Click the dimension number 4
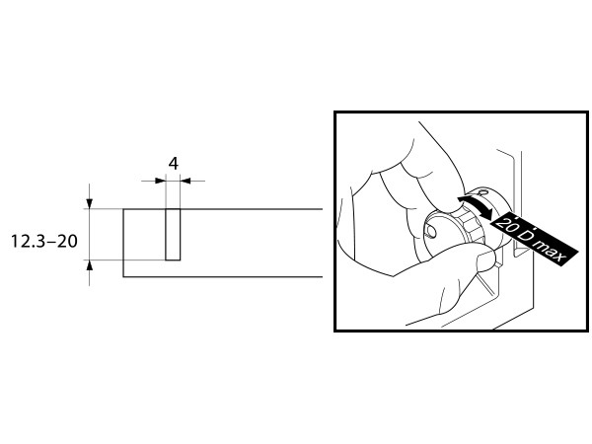coord(174,164)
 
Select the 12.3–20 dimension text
coord(44,242)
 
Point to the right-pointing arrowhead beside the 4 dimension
coord(161,181)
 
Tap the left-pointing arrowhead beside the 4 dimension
coord(185,181)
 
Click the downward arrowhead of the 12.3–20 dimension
coord(89,203)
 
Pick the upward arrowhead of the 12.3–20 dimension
coord(89,265)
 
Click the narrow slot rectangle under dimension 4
coord(173,235)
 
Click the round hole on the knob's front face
coord(431,232)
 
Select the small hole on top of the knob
coord(482,192)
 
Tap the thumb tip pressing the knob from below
coord(487,260)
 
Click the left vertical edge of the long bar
coord(123,243)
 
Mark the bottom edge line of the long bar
coord(223,276)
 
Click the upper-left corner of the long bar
coord(123,209)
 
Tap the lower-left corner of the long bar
coord(123,276)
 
